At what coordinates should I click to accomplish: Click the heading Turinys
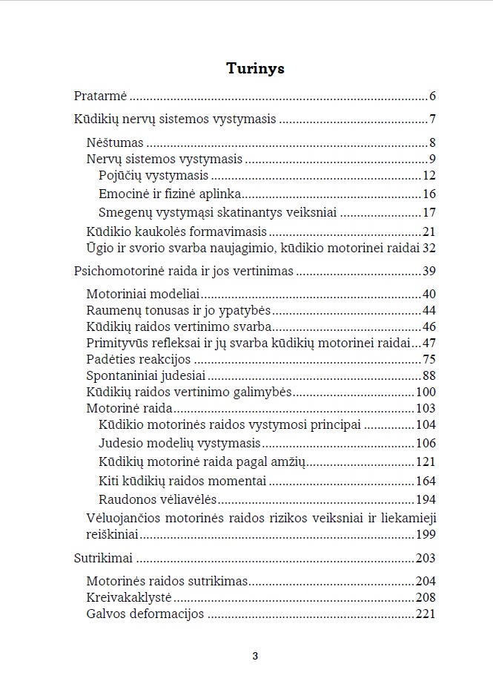click(255, 69)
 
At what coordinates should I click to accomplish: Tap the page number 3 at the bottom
click(255, 656)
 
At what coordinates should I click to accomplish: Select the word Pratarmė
click(101, 96)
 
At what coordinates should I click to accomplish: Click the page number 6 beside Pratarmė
click(432, 96)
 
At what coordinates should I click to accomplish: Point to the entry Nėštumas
click(115, 143)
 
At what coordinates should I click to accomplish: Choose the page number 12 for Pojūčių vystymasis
click(429, 176)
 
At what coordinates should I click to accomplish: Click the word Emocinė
click(121, 194)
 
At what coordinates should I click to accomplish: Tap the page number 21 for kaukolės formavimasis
click(429, 231)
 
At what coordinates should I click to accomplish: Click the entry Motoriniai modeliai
click(144, 295)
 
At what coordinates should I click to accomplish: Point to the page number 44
click(429, 311)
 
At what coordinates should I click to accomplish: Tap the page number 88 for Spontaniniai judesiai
click(429, 375)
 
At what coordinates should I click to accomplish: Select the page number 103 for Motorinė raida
click(426, 408)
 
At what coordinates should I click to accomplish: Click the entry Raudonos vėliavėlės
click(157, 500)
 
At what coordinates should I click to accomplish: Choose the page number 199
click(426, 534)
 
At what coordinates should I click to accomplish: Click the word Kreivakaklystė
click(129, 597)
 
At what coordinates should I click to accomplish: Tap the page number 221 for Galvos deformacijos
click(426, 614)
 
